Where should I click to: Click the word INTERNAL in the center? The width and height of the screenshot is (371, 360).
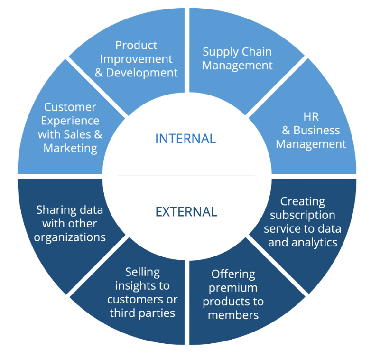tap(185, 139)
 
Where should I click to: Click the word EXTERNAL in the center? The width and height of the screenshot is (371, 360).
tap(186, 211)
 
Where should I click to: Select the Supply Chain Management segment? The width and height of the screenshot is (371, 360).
tap(237, 58)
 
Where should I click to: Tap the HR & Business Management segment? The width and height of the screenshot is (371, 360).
tap(311, 130)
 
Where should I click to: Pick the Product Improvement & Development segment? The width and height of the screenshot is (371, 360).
tap(136, 59)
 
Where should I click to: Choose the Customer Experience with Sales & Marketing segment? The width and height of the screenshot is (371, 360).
tap(70, 128)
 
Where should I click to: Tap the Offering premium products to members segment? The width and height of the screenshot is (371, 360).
tap(233, 294)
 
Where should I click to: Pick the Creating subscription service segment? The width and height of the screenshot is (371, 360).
tap(302, 222)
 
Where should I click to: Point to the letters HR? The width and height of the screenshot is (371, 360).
tap(311, 117)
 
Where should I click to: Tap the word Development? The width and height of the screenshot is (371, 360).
tap(142, 73)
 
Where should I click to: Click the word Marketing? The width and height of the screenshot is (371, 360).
tap(70, 148)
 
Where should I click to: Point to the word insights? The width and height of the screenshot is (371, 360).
tap(142, 285)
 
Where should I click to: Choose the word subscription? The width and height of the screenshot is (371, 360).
tap(302, 215)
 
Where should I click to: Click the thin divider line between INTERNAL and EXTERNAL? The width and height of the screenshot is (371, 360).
tap(186, 175)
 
